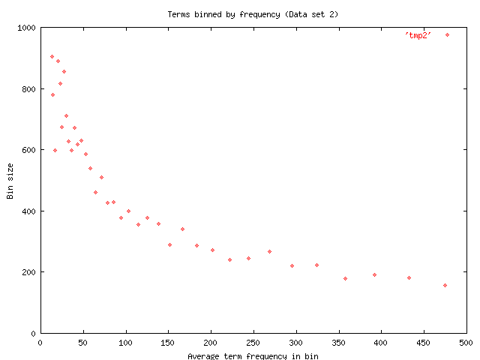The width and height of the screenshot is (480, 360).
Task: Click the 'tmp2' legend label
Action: coord(417,35)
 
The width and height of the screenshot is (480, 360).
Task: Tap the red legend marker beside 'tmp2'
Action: coord(448,34)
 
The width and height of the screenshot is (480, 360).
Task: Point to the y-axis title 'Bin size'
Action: coord(10,181)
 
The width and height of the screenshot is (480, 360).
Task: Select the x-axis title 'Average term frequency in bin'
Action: coord(253,356)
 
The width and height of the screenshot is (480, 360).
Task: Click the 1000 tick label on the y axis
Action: coord(25,28)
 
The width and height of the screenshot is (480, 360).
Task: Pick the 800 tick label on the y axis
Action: coord(28,89)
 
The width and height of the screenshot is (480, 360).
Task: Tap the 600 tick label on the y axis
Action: coord(28,150)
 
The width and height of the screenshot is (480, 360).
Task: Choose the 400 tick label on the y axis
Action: coord(28,211)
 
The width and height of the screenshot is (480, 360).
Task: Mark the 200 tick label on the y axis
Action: coord(28,272)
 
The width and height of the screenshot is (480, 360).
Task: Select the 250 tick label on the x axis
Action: coord(253,342)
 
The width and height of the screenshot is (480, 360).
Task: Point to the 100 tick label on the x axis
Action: coord(125,342)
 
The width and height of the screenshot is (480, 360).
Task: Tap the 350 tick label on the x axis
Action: coord(338,342)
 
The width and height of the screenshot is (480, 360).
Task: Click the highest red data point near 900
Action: coord(52,56)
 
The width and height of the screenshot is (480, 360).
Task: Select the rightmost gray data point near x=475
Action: coord(445,285)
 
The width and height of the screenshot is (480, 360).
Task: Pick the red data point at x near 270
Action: coord(269,251)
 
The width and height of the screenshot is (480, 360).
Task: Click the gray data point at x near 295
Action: coord(292,265)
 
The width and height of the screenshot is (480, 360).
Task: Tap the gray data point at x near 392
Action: coord(374,274)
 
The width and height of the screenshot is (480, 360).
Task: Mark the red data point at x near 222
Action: coord(229,259)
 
